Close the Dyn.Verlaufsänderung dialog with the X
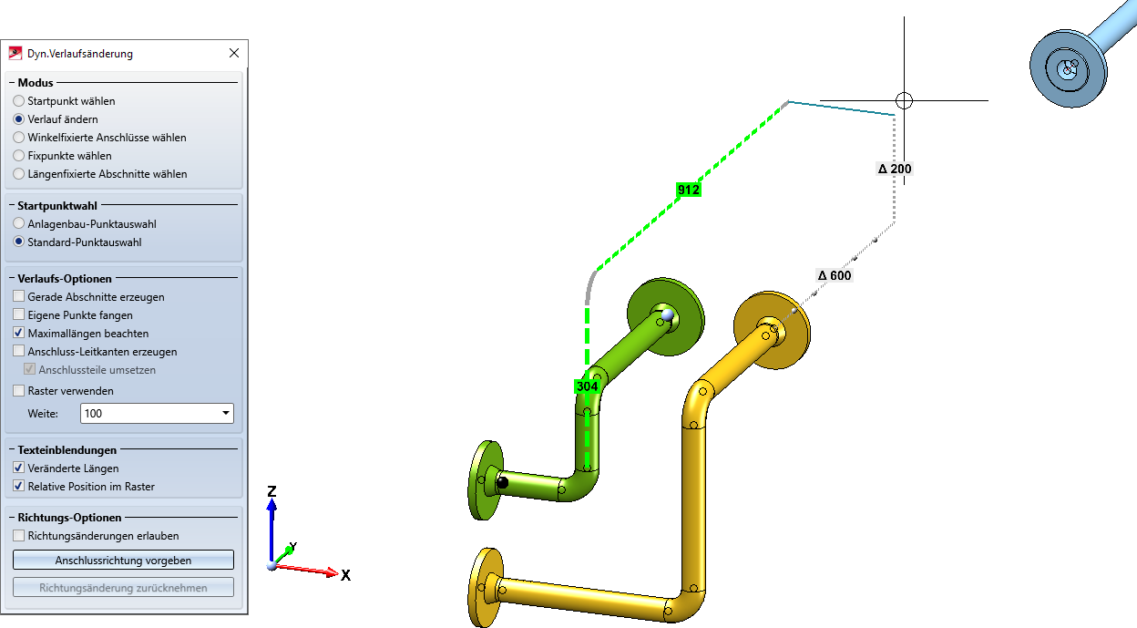point(233,53)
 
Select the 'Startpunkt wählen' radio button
point(19,101)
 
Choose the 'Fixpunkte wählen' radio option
point(19,155)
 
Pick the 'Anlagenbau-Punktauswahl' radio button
point(19,223)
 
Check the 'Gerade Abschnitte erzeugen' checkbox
point(19,296)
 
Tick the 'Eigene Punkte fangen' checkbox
point(19,314)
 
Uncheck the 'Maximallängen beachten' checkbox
point(19,333)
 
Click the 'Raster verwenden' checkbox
point(19,390)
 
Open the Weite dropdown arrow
point(226,413)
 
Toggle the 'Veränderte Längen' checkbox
point(19,468)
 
